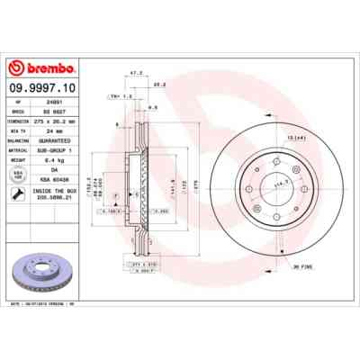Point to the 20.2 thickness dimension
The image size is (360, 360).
click(158, 85)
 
